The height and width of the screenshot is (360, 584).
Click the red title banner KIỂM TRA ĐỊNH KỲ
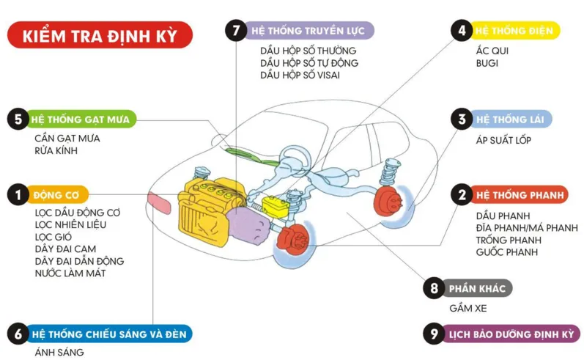100,35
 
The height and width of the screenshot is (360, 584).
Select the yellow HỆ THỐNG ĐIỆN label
515,31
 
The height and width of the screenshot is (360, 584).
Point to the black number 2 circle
462,195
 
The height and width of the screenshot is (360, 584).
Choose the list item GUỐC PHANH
506,252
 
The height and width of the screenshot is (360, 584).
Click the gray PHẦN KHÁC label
476,288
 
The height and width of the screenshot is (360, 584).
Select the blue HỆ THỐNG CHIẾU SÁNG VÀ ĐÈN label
109,334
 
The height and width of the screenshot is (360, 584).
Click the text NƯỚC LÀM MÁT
70,273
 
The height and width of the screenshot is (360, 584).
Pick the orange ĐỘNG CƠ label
58,195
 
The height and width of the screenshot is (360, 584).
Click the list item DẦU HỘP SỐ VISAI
300,76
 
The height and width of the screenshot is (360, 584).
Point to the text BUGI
487,64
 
